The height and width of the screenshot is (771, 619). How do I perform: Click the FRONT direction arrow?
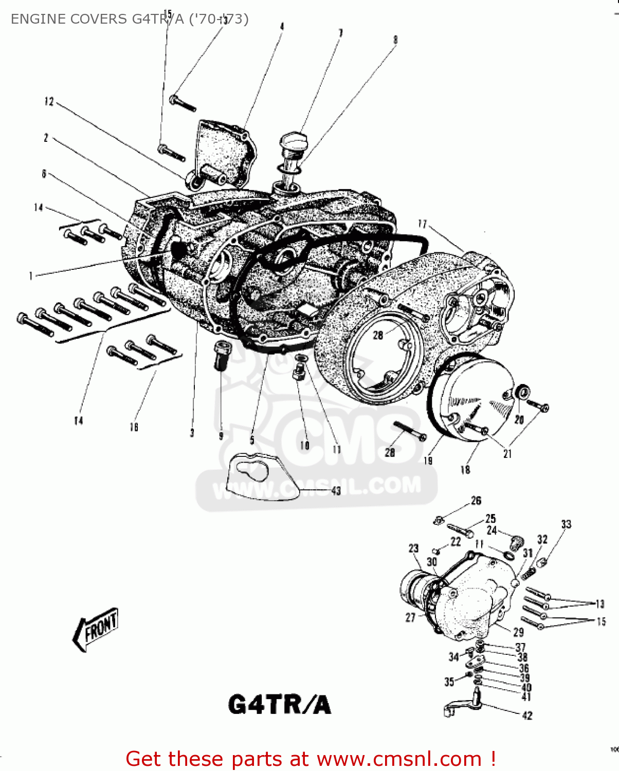[96, 628]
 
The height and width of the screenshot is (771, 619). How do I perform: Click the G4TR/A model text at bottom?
[279, 705]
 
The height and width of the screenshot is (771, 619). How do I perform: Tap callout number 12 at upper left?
[49, 101]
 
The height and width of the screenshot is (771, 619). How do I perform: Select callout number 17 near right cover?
[422, 224]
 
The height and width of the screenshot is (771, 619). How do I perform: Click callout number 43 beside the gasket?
[336, 491]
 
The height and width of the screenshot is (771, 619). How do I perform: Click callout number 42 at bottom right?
[527, 715]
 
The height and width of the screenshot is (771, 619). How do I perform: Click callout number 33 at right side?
[566, 524]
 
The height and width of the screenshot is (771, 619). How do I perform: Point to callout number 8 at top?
[395, 40]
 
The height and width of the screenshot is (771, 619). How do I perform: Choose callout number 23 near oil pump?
[414, 548]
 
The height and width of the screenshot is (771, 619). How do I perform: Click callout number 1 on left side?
[31, 276]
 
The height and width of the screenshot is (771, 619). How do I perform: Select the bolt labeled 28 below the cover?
[410, 431]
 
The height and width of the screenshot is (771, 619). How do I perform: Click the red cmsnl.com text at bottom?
[311, 759]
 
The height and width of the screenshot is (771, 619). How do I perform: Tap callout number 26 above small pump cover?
[476, 500]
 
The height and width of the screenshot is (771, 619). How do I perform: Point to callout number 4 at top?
[282, 26]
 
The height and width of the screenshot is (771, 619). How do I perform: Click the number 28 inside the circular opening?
[378, 335]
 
